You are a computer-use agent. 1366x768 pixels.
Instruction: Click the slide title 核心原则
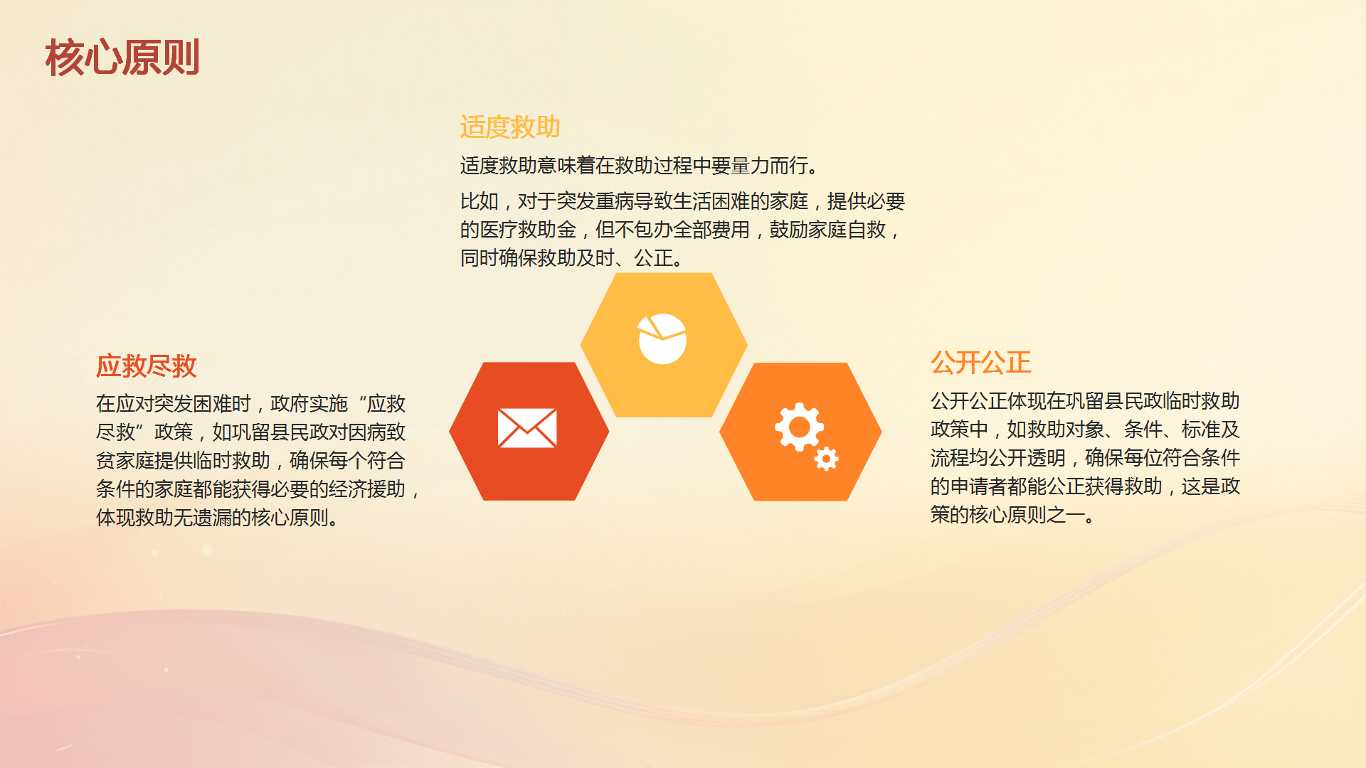coord(122,58)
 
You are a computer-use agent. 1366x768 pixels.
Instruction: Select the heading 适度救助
coord(510,127)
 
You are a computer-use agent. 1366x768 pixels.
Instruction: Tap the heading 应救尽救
coord(147,366)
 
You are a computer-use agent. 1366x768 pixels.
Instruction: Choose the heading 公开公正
coord(981,363)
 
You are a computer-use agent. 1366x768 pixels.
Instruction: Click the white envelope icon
coord(527,428)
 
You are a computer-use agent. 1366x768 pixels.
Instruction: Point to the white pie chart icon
coord(662,338)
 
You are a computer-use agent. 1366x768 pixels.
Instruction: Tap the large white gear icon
coord(799,427)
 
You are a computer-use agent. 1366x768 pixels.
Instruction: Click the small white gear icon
coord(826,459)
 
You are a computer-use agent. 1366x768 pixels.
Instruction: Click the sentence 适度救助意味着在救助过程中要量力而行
coord(634,166)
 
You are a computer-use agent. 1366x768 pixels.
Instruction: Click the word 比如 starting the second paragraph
coord(479,201)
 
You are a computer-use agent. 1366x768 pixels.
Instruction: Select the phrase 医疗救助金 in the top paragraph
coord(528,230)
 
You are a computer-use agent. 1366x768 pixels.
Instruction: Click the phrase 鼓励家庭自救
coord(827,230)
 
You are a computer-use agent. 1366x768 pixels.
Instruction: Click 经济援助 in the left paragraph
coord(367,489)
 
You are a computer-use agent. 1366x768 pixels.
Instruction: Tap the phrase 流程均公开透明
coord(998,458)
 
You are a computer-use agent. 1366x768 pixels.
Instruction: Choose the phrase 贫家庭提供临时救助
coord(183,461)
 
